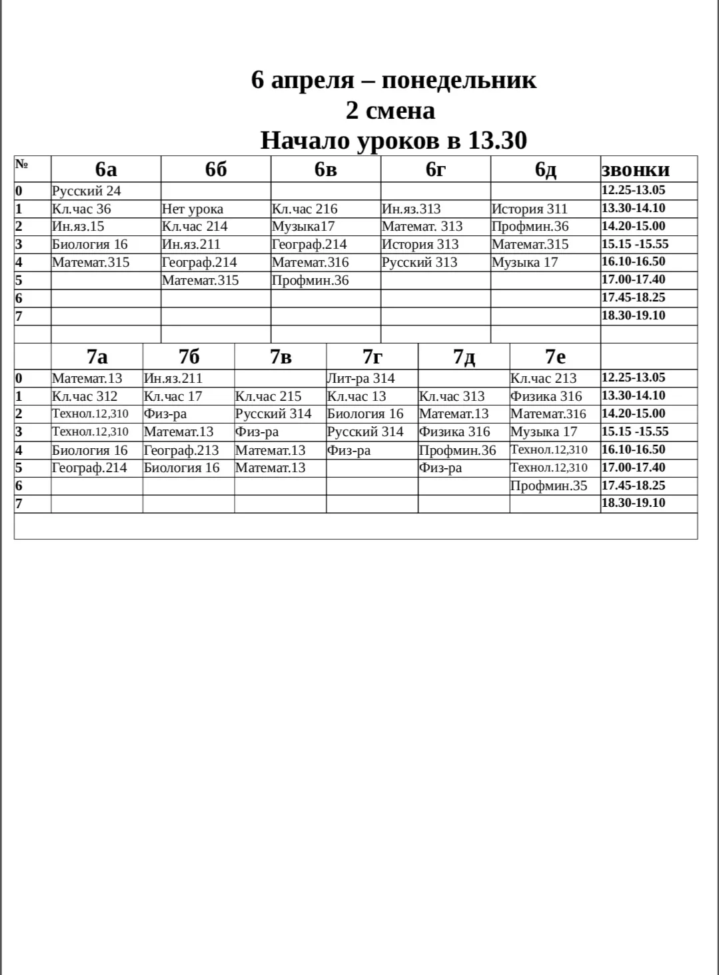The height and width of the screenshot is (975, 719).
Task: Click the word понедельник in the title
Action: pyautogui.click(x=458, y=80)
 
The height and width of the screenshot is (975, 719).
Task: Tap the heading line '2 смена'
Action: pyautogui.click(x=390, y=110)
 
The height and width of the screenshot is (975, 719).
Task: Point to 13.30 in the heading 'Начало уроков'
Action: pyautogui.click(x=497, y=140)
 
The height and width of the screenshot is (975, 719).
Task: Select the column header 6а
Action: pyautogui.click(x=106, y=169)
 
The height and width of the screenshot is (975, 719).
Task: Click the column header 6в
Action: pyautogui.click(x=326, y=169)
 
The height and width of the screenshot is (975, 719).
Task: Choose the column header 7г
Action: pyautogui.click(x=372, y=357)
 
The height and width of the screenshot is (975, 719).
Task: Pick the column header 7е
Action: pyautogui.click(x=555, y=357)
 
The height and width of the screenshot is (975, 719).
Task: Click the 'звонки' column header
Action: pyautogui.click(x=635, y=169)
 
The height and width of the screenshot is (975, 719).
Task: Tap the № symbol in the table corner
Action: pyautogui.click(x=21, y=164)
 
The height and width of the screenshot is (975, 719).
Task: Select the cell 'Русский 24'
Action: pyautogui.click(x=87, y=191)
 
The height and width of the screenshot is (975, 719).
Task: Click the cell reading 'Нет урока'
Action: pyautogui.click(x=193, y=209)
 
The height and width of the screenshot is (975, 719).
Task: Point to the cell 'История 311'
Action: pyautogui.click(x=530, y=209)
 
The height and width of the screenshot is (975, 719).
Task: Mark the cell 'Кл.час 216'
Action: pyautogui.click(x=305, y=209)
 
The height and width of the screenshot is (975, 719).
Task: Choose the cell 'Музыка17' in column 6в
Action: pyautogui.click(x=303, y=227)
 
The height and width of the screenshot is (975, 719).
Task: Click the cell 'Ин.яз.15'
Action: pyautogui.click(x=79, y=227)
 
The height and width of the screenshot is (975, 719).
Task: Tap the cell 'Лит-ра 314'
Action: pyautogui.click(x=360, y=378)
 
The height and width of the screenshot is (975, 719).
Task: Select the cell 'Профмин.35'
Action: pyautogui.click(x=549, y=485)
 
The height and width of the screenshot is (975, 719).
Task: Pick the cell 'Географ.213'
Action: pyautogui.click(x=181, y=450)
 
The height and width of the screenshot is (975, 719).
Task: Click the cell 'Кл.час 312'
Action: pyautogui.click(x=85, y=396)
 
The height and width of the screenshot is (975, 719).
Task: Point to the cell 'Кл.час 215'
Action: pyautogui.click(x=269, y=396)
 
